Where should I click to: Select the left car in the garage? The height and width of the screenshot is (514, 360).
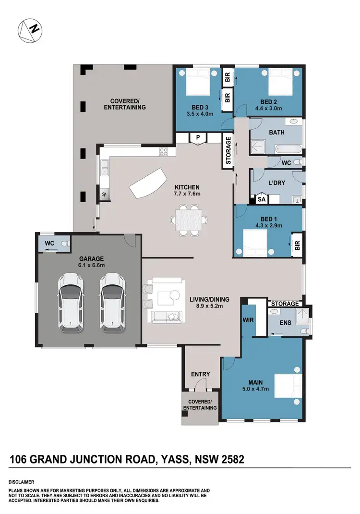(70, 302)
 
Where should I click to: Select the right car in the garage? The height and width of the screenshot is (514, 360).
(111, 302)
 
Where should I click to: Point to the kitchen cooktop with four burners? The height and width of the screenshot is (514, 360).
(164, 152)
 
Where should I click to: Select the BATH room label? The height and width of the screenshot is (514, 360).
(277, 132)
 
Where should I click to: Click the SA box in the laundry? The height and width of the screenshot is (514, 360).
(262, 198)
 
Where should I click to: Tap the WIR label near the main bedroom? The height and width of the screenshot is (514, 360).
(248, 319)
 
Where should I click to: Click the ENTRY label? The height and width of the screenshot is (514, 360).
(201, 374)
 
